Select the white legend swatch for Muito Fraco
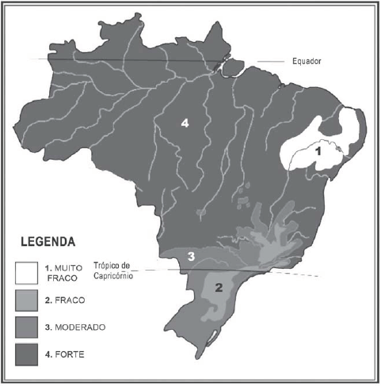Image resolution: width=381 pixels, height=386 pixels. pyautogui.click(x=27, y=272)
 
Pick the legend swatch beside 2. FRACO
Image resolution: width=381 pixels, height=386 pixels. pyautogui.click(x=27, y=301)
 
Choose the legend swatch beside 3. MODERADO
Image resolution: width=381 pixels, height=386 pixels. pyautogui.click(x=27, y=327)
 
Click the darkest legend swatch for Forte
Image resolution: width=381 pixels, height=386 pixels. pyautogui.click(x=27, y=353)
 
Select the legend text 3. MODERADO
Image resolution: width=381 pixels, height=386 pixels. pyautogui.click(x=72, y=327)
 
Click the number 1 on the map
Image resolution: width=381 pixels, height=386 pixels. pyautogui.click(x=318, y=149)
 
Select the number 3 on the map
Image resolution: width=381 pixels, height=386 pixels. pyautogui.click(x=190, y=255)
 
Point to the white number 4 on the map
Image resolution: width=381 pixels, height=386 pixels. pyautogui.click(x=184, y=123)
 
